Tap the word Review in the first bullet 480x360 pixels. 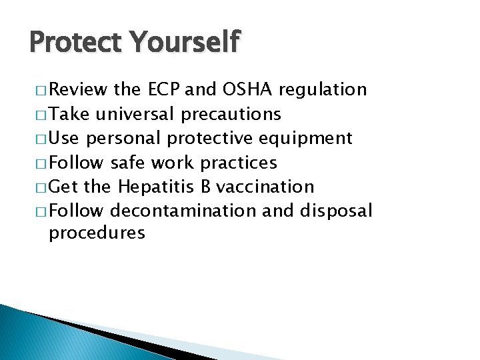[x=79, y=89]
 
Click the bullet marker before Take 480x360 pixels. [x=37, y=115]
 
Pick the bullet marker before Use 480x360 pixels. [x=37, y=139]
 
